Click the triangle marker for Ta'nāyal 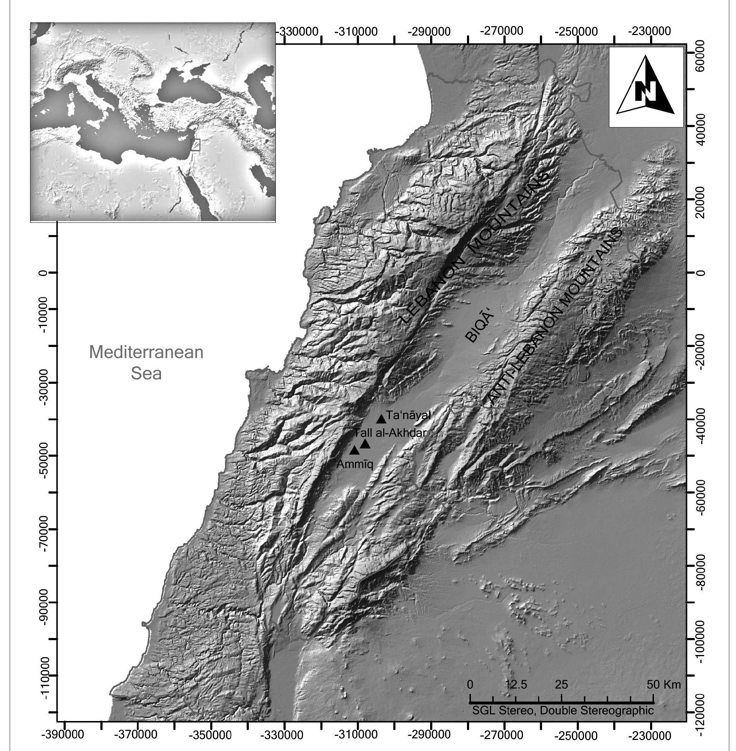tap(381, 419)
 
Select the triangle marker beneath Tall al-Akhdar tap(365, 444)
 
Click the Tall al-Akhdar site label tap(390, 433)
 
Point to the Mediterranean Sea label tap(146, 363)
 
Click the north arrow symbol tap(646, 87)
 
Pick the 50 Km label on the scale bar tap(664, 685)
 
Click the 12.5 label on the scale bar tap(516, 685)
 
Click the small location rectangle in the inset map tap(195, 144)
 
